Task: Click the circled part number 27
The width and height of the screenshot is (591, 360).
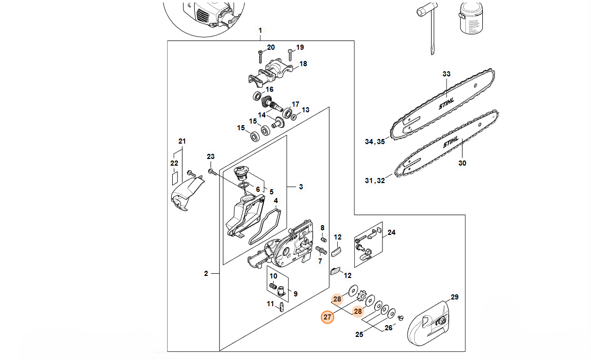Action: point(327,317)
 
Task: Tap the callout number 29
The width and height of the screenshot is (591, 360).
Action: point(454,297)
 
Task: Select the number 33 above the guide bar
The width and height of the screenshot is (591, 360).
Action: point(446,74)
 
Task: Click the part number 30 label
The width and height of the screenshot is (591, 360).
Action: point(462,164)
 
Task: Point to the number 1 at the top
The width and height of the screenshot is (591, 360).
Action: point(260,31)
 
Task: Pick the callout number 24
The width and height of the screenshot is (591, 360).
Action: point(391,232)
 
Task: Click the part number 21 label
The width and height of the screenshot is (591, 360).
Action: point(181,141)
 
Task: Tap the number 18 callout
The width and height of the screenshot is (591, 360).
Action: point(303,64)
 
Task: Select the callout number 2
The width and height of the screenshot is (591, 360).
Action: point(206,273)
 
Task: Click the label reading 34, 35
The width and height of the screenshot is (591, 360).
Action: point(375,142)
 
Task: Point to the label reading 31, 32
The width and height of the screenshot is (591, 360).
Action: point(375,180)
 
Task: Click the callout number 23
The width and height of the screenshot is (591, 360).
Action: point(210,156)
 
